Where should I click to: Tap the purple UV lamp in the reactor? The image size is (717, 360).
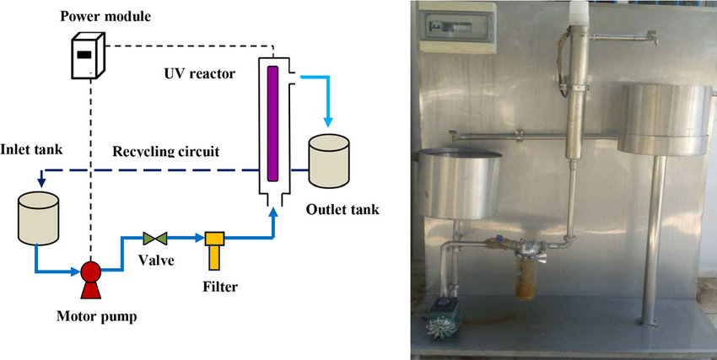click(272, 121)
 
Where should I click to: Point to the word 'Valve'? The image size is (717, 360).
click(157, 261)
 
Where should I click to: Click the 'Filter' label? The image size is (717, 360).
click(220, 287)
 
